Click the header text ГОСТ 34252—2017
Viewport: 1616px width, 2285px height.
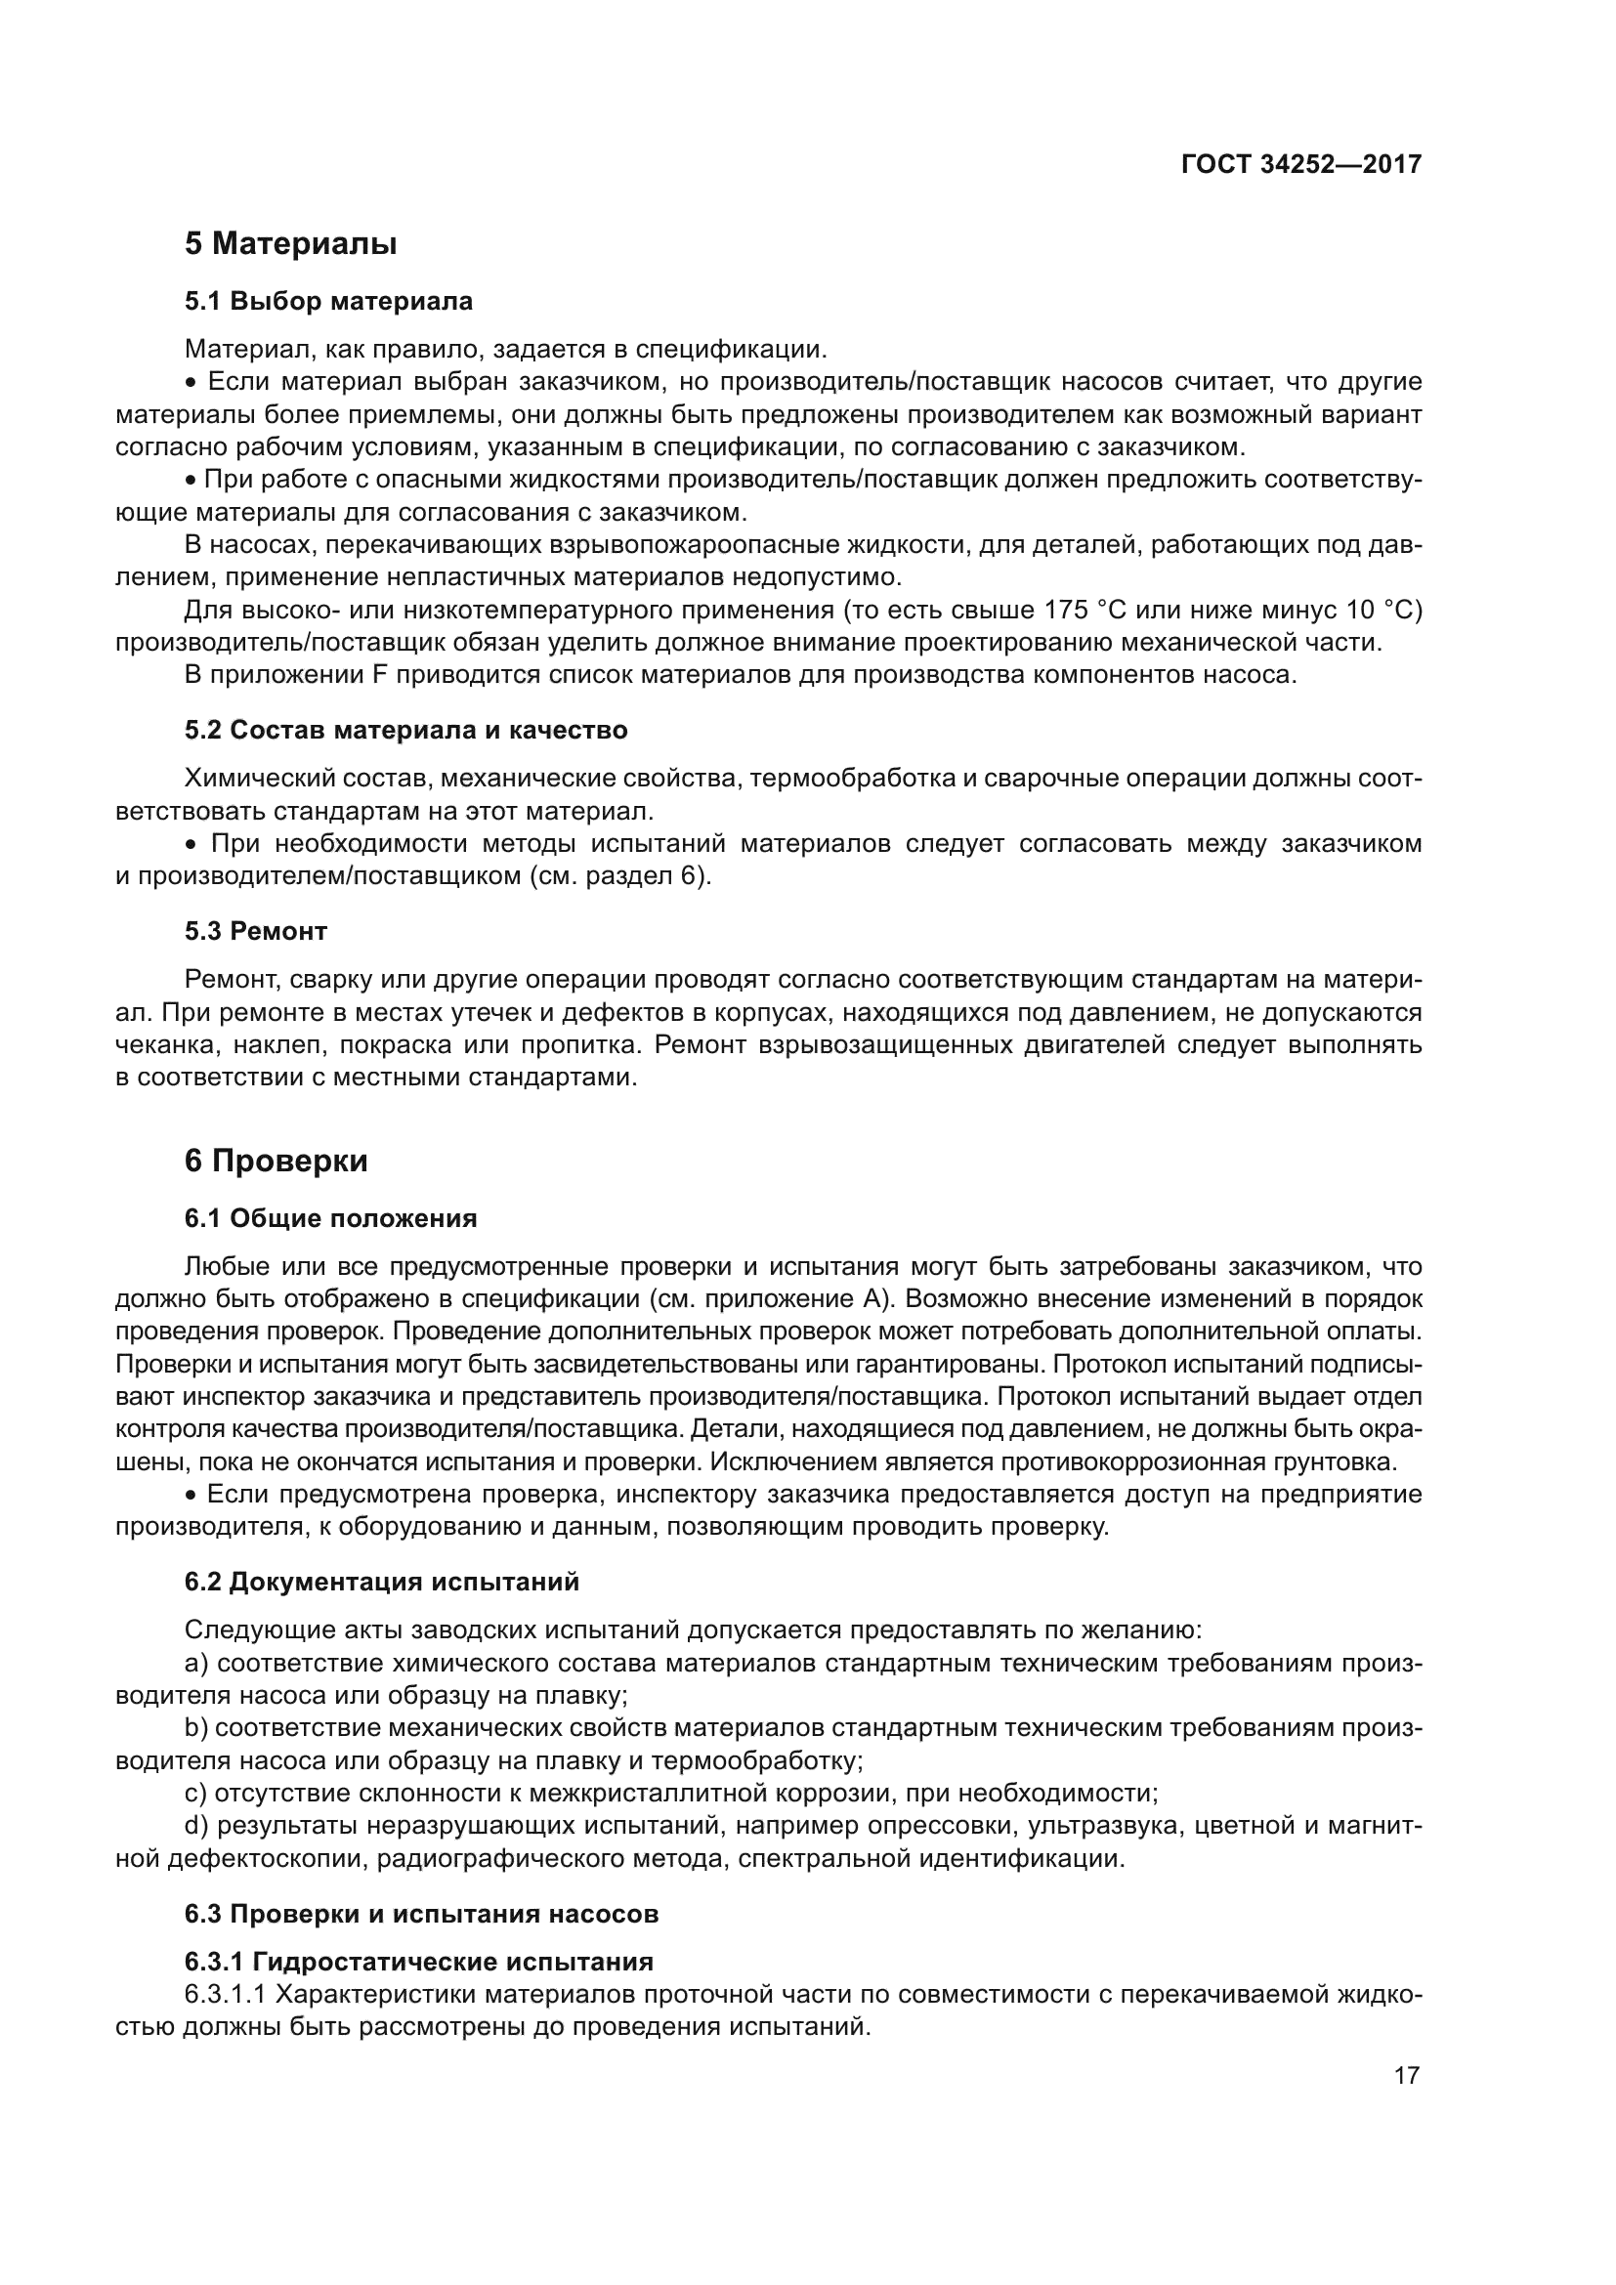(x=1300, y=164)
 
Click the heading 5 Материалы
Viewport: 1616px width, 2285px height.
(x=290, y=244)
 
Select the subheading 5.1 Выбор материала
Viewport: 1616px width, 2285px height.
(x=328, y=301)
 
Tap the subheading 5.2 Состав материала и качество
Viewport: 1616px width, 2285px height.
(x=406, y=730)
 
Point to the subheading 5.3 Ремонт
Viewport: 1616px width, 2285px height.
(x=256, y=931)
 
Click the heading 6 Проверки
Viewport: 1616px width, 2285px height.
(x=276, y=1161)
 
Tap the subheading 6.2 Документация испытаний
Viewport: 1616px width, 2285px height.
(x=381, y=1582)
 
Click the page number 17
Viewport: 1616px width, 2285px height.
(x=1406, y=2075)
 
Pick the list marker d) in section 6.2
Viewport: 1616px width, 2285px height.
(x=196, y=1825)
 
